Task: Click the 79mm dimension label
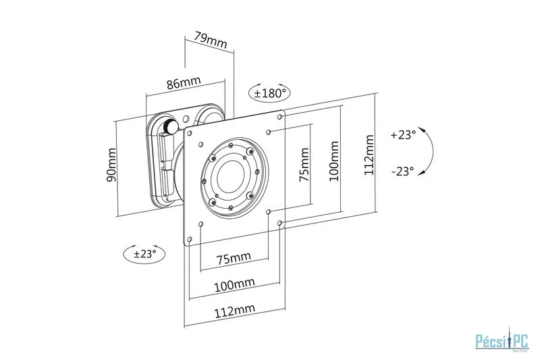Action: tap(210, 39)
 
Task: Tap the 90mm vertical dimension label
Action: tap(111, 168)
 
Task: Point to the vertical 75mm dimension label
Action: tap(304, 166)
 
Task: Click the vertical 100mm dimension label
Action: tap(333, 161)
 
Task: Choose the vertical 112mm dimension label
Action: tap(368, 155)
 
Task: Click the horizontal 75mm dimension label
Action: tap(234, 258)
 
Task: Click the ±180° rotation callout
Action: tap(271, 93)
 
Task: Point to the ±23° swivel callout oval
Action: tap(145, 254)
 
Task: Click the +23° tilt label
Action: tap(403, 134)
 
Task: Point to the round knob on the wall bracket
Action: tap(168, 126)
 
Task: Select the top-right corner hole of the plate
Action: tap(280, 115)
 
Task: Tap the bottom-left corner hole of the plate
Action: tap(190, 239)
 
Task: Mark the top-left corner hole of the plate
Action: tap(191, 132)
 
